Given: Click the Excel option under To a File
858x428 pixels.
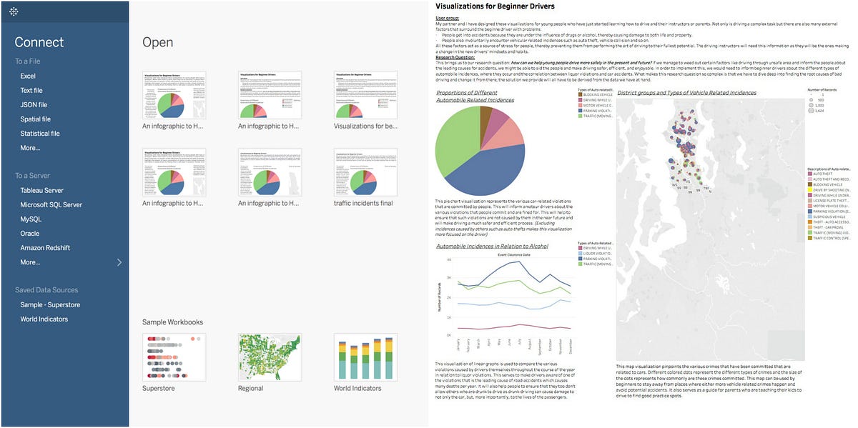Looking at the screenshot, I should [x=28, y=76].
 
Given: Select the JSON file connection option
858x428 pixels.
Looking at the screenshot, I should [x=34, y=105].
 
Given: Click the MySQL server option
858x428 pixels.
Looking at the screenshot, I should [x=31, y=219].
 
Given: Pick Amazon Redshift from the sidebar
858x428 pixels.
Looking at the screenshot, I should [x=46, y=248].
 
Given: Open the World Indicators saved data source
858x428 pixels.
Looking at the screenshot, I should [x=44, y=319].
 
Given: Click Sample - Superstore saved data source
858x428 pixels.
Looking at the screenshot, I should [x=50, y=305].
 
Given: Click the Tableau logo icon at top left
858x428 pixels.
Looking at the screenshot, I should [x=14, y=12].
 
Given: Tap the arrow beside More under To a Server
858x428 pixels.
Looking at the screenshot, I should [x=119, y=262].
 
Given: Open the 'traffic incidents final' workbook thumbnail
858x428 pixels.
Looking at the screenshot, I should [x=365, y=171].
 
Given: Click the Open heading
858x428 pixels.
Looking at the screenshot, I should [x=157, y=42].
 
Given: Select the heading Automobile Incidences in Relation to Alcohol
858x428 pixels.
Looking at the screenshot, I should [x=492, y=246].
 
